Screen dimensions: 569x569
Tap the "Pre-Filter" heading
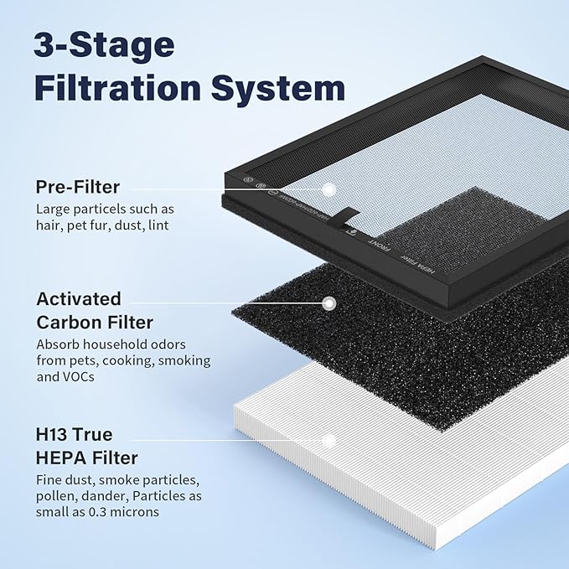78,186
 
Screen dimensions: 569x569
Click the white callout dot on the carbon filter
329,303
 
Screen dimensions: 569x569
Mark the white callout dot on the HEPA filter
329,439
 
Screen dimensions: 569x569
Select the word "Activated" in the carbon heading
79,299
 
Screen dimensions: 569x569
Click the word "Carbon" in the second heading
67,323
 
